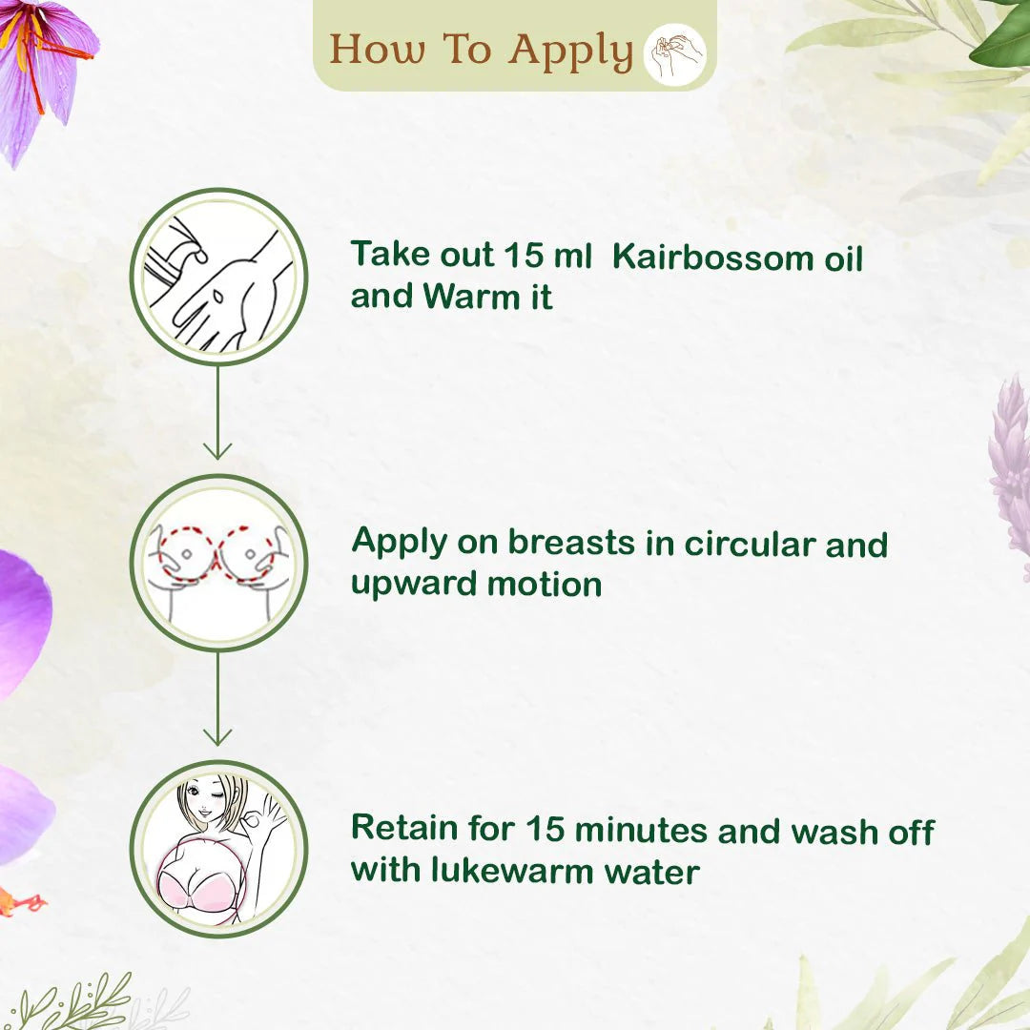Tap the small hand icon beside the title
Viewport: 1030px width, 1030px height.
point(675,54)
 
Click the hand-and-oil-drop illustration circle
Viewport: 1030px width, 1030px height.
point(218,277)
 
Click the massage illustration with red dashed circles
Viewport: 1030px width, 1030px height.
point(218,563)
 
